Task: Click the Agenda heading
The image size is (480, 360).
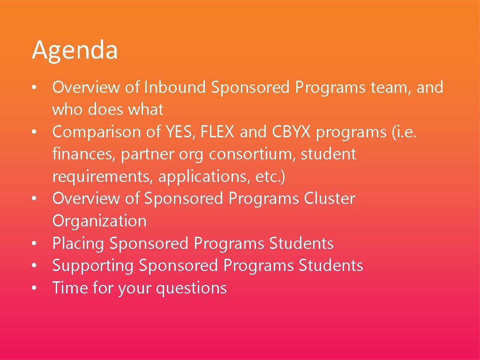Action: click(x=75, y=51)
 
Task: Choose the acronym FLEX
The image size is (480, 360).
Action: click(x=217, y=132)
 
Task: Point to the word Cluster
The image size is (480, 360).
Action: click(x=330, y=198)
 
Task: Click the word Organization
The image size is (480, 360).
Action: click(x=99, y=221)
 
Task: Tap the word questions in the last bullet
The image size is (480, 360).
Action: click(x=191, y=288)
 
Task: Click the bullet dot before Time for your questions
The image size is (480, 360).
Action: click(x=35, y=288)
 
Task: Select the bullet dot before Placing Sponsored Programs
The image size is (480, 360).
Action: click(x=35, y=244)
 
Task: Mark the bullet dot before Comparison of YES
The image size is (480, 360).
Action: click(x=35, y=132)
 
